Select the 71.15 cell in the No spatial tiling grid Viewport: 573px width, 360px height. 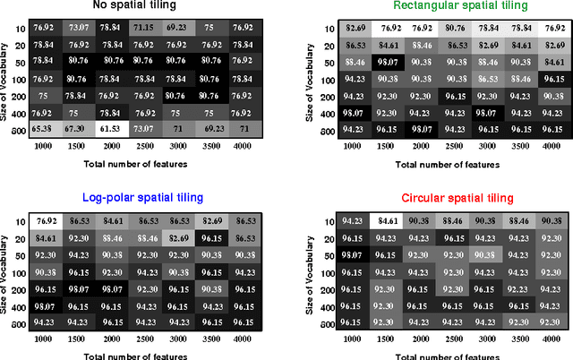(x=143, y=28)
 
